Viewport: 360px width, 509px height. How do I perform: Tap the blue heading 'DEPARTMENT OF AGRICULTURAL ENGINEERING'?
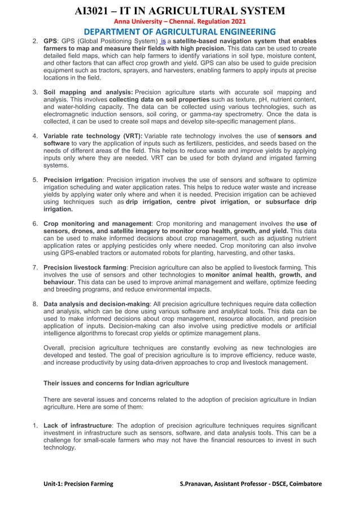tap(180, 32)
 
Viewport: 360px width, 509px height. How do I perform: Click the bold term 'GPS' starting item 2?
tap(50, 42)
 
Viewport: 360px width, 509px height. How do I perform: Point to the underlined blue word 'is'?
tap(164, 42)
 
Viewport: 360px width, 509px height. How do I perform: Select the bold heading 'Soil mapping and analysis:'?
tap(88, 92)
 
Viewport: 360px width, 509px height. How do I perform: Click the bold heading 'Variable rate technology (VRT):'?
tap(93, 136)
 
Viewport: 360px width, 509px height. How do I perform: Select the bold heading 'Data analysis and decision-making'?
tap(96, 304)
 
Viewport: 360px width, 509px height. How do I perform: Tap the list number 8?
tap(35, 304)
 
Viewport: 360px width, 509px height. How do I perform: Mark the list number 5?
tap(35, 180)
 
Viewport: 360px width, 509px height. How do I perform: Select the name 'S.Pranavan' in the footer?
tap(197, 484)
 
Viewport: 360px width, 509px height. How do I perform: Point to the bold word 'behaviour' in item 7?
tap(59, 282)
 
